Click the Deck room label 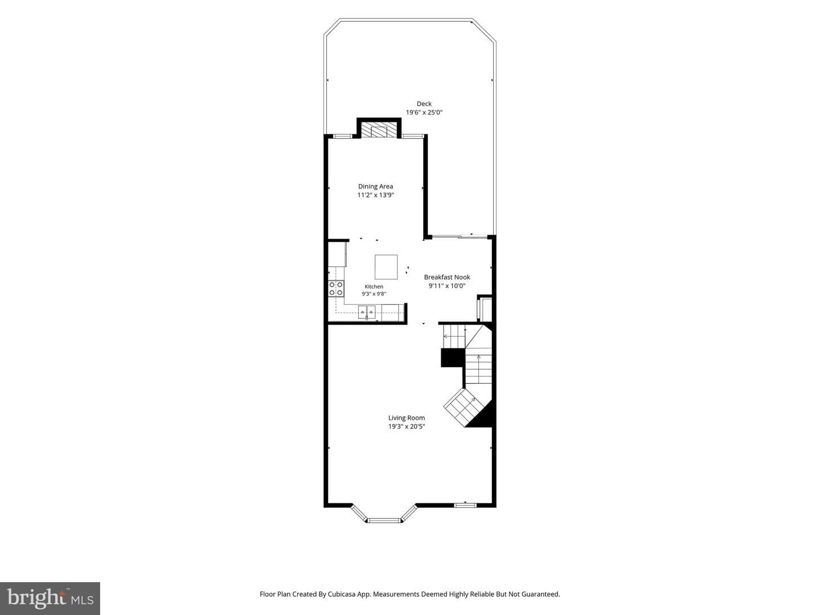[424, 104]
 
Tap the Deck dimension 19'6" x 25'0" [424, 112]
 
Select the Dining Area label [375, 186]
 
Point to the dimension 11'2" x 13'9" [375, 195]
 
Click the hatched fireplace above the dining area [379, 130]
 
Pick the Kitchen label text [374, 286]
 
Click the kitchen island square [386, 267]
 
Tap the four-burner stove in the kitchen [336, 289]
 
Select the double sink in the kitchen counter [367, 311]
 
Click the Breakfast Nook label [447, 277]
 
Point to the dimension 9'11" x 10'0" [447, 286]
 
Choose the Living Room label [407, 418]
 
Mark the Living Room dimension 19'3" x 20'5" [407, 427]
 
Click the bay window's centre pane [384, 520]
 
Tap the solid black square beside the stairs [453, 358]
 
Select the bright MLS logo [50, 598]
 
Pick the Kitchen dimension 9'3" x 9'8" [374, 294]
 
